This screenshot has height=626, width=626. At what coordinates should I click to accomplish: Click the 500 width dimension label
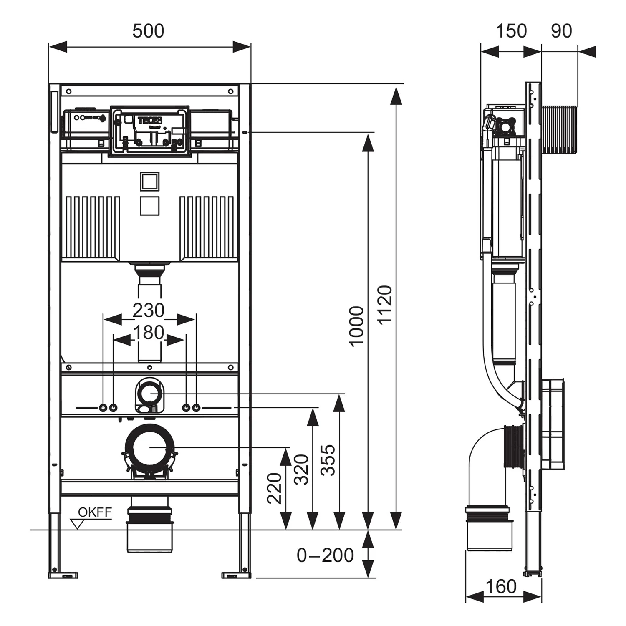pos(148,31)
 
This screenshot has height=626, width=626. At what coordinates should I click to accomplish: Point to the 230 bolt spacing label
pos(148,310)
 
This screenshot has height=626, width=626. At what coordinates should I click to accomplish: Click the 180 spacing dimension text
pos(148,333)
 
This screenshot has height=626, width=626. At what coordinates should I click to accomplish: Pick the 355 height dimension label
pos(328,460)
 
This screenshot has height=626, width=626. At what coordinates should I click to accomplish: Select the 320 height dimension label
pos(301,469)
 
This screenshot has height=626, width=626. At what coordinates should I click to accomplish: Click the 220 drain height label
pos(275,488)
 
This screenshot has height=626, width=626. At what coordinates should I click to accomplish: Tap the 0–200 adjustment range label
pos(325,555)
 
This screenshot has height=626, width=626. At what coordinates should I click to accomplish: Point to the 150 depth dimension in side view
pos(511,31)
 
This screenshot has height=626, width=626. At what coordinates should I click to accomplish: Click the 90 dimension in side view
pos(561,31)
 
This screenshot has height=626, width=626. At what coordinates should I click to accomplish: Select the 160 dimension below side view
pos(501,587)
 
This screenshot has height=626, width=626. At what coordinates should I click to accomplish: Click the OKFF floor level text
pos(95,512)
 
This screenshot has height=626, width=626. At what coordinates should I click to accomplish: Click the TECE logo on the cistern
pos(147,121)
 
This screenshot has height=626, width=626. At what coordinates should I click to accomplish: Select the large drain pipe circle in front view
pos(149,447)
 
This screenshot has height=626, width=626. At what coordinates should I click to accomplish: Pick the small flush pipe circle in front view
pos(149,394)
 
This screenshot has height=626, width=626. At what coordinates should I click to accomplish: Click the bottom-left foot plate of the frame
pos(63,575)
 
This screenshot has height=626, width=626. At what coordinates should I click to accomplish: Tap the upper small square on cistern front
pos(149,181)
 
